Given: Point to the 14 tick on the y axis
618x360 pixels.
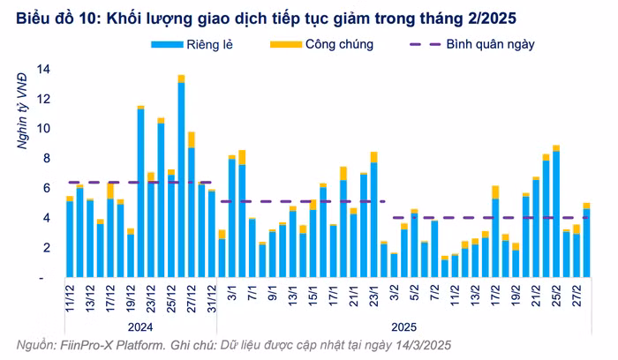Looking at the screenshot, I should coord(41,69).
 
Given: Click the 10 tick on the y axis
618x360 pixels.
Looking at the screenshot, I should coord(41,129).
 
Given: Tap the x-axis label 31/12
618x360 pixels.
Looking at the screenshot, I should coord(212,297).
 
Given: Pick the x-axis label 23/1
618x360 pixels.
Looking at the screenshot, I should coord(374,296).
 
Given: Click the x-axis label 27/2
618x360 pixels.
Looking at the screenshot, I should coord(577,296).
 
